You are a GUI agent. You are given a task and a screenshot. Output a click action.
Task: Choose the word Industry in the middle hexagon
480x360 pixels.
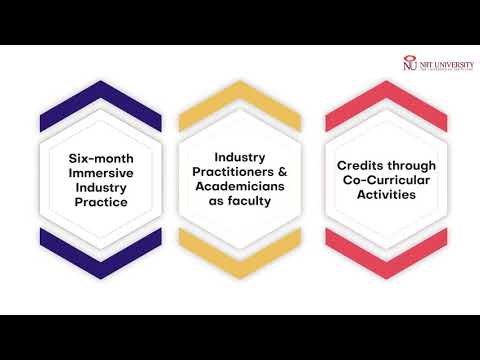pos(239,157)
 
